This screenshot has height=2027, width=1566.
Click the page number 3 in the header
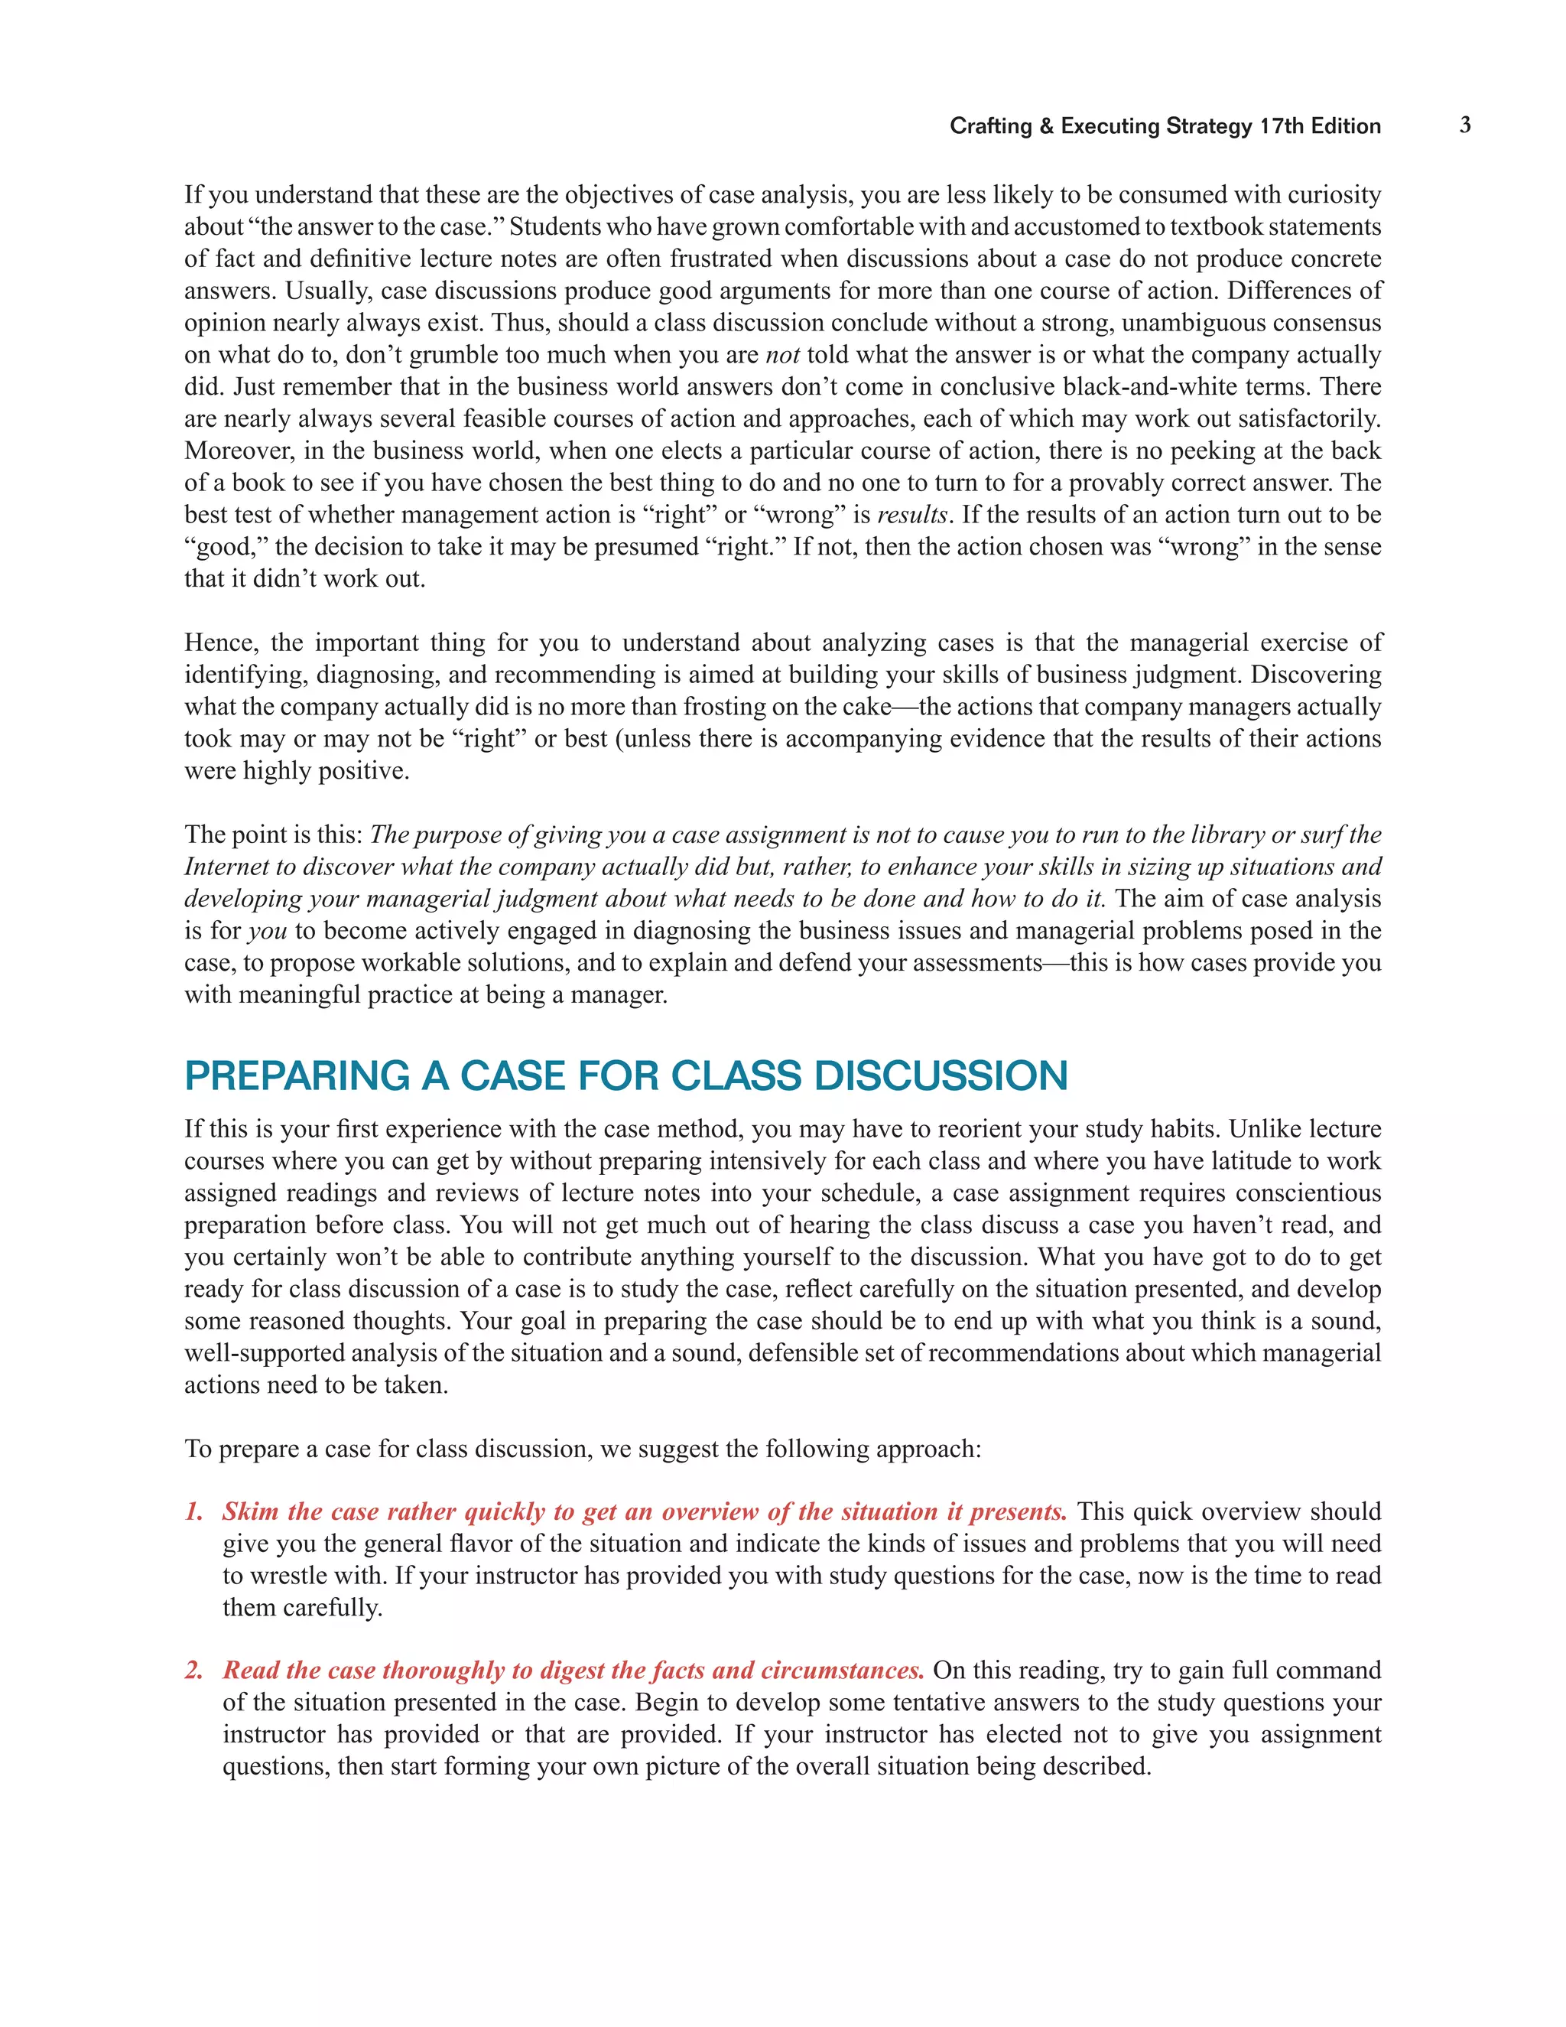(x=1465, y=125)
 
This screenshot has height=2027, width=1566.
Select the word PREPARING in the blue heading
(x=297, y=1077)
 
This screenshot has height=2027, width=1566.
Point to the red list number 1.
(x=193, y=1512)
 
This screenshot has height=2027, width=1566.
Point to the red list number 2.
(x=193, y=1671)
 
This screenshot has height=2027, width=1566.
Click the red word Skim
(x=251, y=1512)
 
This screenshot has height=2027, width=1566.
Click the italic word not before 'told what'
(x=782, y=356)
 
